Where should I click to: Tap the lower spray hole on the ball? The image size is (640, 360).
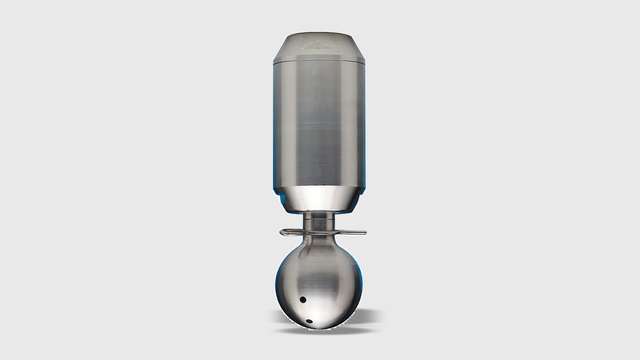[309, 321]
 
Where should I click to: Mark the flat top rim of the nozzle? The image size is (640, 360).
[319, 35]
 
